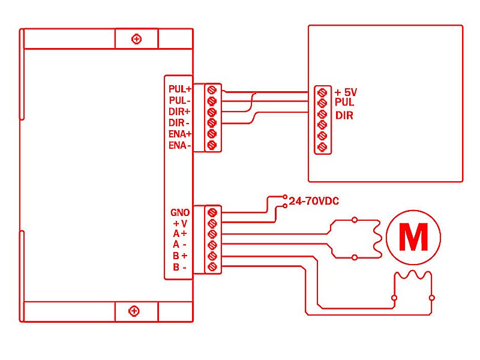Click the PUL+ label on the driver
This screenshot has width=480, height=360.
click(x=179, y=89)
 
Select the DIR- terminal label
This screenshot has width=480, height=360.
click(x=179, y=123)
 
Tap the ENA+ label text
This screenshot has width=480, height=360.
click(x=179, y=134)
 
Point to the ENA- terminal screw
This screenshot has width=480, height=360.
click(x=211, y=146)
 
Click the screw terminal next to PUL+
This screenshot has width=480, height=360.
click(x=211, y=89)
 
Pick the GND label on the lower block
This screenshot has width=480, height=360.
click(x=180, y=212)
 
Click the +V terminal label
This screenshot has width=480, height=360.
click(x=180, y=223)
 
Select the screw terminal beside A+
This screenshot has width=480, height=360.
click(x=211, y=234)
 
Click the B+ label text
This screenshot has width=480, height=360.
click(x=180, y=256)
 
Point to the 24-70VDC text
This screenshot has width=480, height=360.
click(x=314, y=201)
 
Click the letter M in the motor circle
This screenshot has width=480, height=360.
click(x=413, y=238)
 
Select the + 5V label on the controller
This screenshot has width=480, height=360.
click(x=346, y=92)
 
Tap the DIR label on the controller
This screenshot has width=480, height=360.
click(x=344, y=115)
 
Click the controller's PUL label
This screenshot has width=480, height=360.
click(x=344, y=103)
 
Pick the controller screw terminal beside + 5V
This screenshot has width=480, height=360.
click(x=322, y=92)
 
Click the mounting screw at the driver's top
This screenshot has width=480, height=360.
click(x=137, y=39)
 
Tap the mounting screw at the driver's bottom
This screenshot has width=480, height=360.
click(x=134, y=311)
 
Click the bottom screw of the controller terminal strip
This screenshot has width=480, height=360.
click(x=322, y=147)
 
